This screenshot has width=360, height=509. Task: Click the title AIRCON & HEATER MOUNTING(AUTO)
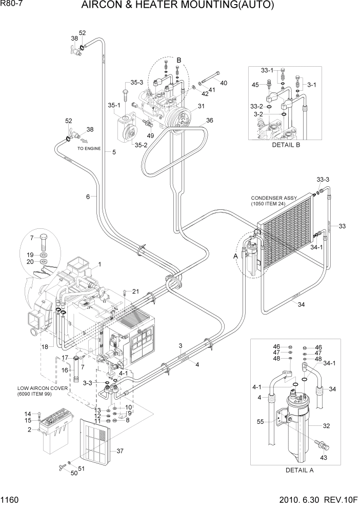click(185, 6)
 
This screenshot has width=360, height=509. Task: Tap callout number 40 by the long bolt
click(224, 83)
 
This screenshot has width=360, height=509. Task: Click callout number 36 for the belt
click(209, 121)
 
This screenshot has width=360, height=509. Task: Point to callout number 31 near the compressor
click(201, 106)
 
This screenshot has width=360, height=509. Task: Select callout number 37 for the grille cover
click(120, 451)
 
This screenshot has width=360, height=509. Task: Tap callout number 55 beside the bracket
click(260, 422)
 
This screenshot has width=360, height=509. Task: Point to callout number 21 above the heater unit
click(135, 291)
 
